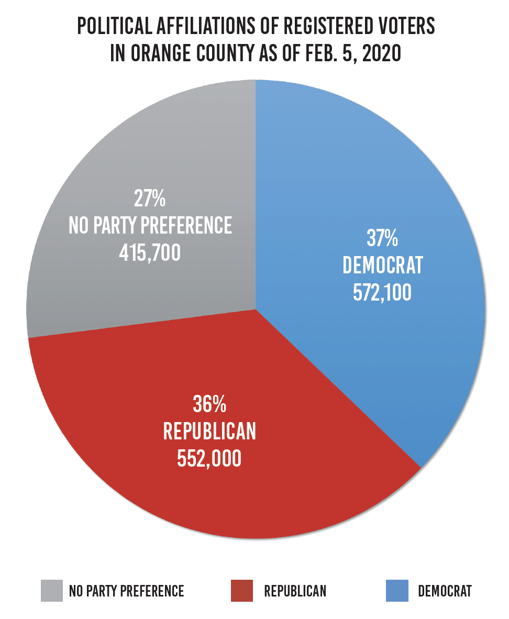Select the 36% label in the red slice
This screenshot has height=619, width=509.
(x=209, y=405)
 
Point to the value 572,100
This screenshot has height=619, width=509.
(x=382, y=293)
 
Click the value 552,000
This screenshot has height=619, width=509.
(x=209, y=458)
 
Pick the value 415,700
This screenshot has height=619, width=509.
(x=150, y=253)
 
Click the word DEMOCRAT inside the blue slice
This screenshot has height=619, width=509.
(x=382, y=266)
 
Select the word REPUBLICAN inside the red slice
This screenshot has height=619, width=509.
(x=209, y=432)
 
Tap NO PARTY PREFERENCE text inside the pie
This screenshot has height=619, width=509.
(x=150, y=226)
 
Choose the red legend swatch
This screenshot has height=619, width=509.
(x=241, y=591)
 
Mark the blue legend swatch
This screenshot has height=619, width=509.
(x=397, y=591)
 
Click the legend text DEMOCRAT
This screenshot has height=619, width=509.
(x=445, y=591)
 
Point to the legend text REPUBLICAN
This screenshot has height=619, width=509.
(x=295, y=591)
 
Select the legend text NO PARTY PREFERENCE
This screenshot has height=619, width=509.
(x=127, y=591)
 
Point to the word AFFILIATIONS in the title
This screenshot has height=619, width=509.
(x=208, y=27)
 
